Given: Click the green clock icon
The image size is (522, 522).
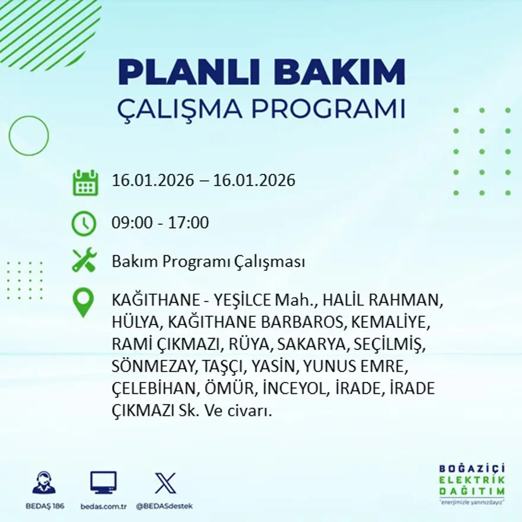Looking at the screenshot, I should click(x=84, y=224).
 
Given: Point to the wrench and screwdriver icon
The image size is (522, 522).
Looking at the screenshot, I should click(x=84, y=260).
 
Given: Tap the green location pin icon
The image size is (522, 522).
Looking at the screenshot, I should click(x=83, y=302).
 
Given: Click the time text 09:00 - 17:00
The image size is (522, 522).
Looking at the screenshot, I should click(x=160, y=223).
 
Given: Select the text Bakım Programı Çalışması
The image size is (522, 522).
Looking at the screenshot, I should click(x=208, y=262).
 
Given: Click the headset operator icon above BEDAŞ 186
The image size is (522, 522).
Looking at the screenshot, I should click(x=44, y=483).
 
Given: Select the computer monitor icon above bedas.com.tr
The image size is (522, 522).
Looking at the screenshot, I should click(x=103, y=482).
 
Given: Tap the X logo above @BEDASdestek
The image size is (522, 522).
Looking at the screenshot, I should click(x=165, y=483).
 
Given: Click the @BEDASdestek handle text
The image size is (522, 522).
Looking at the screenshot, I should click(x=164, y=506).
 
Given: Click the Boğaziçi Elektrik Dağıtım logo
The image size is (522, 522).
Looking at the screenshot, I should click(x=472, y=483).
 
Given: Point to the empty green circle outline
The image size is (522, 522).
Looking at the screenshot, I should click(x=28, y=136).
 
